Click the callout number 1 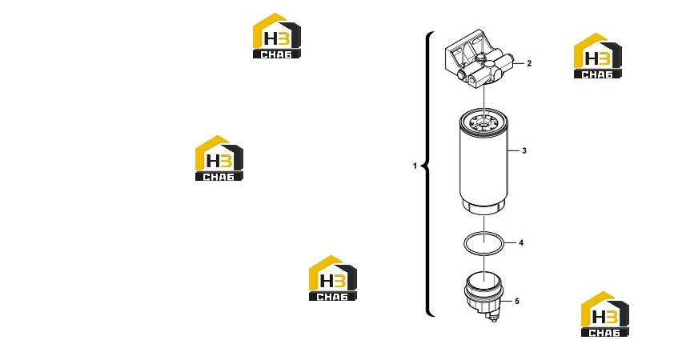point(415,166)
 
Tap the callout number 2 point(529,63)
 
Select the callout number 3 point(524,150)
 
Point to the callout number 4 point(521,242)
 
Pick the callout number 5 point(517,301)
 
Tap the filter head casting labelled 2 point(479,62)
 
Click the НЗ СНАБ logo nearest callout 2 point(598,56)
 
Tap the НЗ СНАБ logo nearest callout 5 point(604,314)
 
